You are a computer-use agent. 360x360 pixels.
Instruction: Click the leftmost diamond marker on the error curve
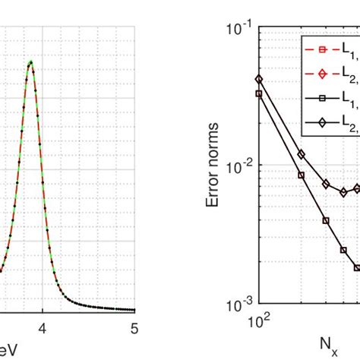[x=259, y=78]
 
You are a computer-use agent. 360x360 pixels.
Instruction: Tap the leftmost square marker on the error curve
[x=259, y=93]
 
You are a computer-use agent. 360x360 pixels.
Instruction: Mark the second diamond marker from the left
[x=302, y=154]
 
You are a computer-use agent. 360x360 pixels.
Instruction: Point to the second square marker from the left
[x=302, y=175]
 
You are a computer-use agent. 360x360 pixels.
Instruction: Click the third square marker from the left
[x=327, y=220]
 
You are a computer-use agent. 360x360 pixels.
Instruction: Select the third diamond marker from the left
[x=327, y=184]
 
